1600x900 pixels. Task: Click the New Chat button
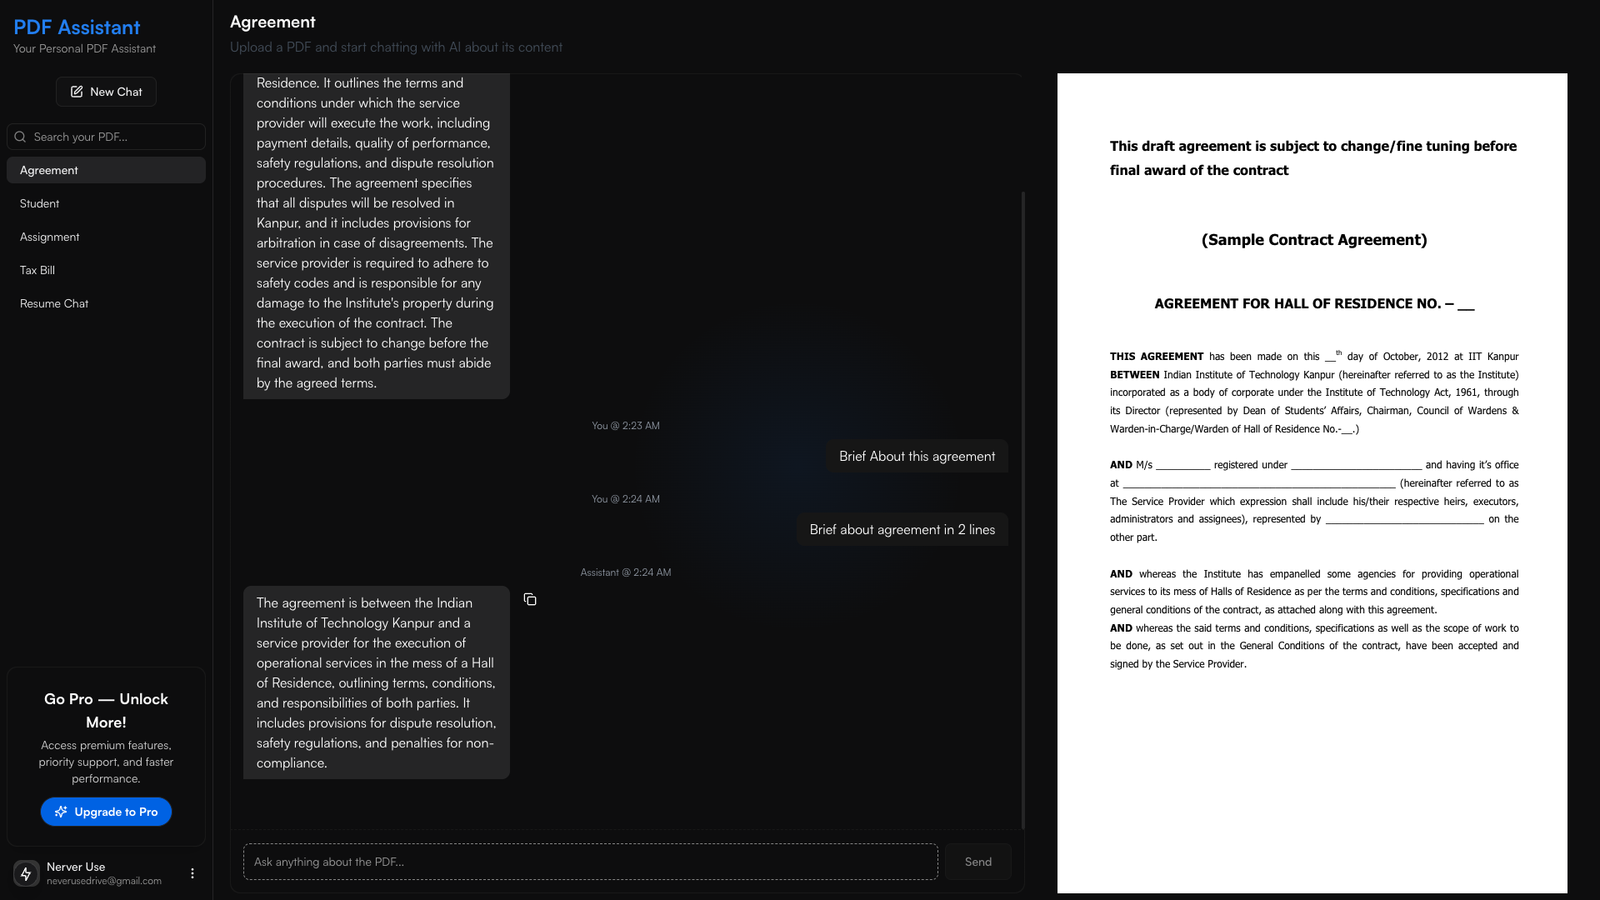coord(106,92)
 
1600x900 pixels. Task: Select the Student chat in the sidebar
coord(40,203)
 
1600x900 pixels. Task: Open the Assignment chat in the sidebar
coord(50,237)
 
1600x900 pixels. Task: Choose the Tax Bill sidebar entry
coord(37,270)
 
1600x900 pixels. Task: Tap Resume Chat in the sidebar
coord(54,303)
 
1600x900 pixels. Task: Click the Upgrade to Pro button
coord(106,812)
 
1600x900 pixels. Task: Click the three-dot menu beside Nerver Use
coord(192,873)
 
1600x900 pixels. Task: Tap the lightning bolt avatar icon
coord(26,873)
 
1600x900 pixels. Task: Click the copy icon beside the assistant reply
coord(530,600)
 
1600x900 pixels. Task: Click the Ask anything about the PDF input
coord(590,862)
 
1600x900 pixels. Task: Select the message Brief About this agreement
coord(917,457)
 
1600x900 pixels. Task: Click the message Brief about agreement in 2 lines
coord(902,530)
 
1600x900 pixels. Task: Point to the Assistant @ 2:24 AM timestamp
coord(625,572)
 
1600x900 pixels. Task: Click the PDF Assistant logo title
coord(77,27)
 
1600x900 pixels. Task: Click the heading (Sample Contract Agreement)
coord(1314,240)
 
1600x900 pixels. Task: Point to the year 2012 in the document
coord(1437,357)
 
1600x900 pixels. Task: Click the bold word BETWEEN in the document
coord(1134,375)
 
